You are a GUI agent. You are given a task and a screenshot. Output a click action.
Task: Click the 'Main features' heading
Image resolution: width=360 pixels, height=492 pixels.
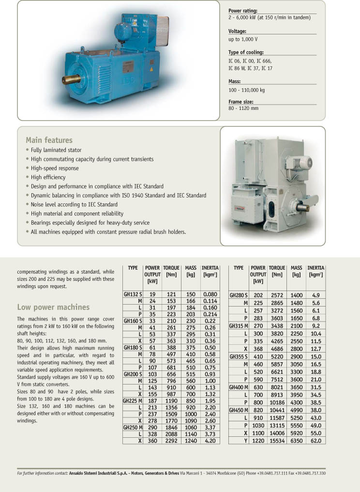[x=49, y=140]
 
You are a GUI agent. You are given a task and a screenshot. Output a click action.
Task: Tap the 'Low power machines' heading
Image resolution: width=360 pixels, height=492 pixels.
[x=53, y=307]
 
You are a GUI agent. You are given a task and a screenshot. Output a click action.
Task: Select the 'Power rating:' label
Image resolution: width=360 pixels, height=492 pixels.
[x=243, y=11]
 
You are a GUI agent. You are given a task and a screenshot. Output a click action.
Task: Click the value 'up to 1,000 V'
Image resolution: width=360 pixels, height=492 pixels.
[x=243, y=39]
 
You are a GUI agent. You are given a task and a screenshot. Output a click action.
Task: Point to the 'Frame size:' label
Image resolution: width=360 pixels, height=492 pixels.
[x=241, y=102]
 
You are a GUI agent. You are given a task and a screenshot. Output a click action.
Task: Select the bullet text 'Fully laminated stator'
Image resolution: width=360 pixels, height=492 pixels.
[x=56, y=150]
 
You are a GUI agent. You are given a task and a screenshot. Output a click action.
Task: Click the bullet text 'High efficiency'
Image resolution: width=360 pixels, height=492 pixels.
[x=48, y=177]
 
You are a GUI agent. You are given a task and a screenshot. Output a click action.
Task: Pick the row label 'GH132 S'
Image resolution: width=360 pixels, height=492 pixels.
[x=133, y=294]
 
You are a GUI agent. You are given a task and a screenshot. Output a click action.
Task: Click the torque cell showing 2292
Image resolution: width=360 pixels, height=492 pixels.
[x=171, y=441]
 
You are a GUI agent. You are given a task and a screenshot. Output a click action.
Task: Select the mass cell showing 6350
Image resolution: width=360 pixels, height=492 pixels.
[x=297, y=441]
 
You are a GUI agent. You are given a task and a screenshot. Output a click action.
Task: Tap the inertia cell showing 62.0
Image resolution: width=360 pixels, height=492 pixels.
[x=316, y=441]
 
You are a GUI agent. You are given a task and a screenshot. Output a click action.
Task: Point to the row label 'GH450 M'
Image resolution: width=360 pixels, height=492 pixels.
[x=239, y=410]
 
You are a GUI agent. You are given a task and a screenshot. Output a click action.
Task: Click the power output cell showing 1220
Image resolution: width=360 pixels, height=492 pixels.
[x=258, y=441]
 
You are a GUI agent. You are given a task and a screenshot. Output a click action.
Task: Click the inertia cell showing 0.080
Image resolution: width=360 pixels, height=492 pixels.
[x=210, y=294]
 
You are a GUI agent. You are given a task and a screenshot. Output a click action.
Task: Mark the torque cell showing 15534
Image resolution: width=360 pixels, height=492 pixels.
[x=277, y=441]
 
